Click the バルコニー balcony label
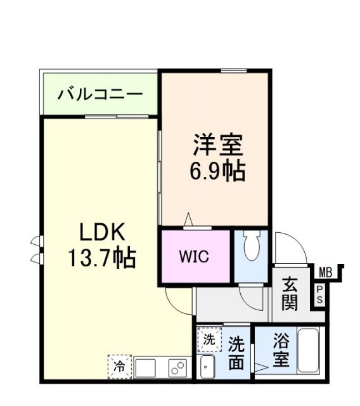click(100, 95)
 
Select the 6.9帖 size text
click(217, 171)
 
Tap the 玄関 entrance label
click(290, 294)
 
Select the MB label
click(325, 273)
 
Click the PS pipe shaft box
click(319, 295)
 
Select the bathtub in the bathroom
click(310, 351)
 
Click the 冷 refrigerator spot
click(119, 365)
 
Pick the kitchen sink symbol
click(145, 367)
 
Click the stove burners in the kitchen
click(177, 367)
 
